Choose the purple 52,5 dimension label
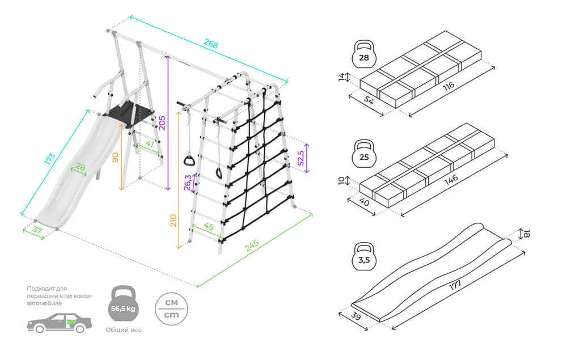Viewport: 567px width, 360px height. (301, 158)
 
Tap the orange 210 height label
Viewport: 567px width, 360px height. (174, 221)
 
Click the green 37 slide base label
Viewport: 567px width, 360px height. (35, 230)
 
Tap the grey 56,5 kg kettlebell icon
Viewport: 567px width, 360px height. (123, 307)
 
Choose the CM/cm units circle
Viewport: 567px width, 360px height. (172, 308)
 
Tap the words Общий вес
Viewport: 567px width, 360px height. (123, 330)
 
